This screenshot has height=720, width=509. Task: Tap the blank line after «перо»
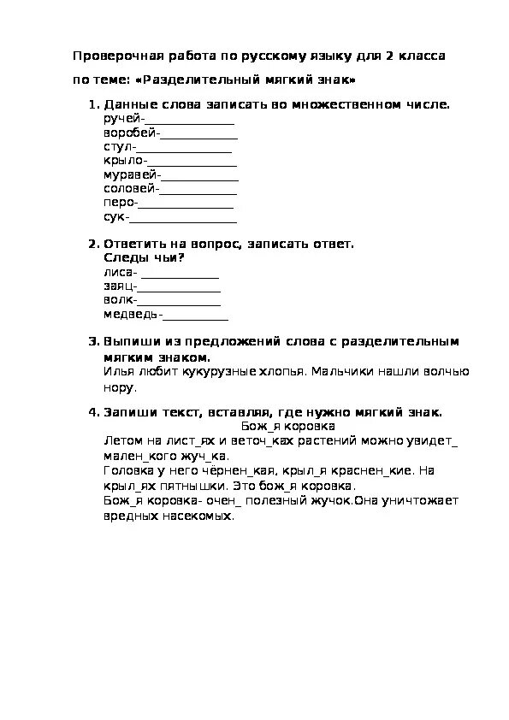[x=186, y=204]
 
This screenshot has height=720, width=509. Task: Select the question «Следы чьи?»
[x=144, y=257]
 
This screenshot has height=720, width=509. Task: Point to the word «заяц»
[x=117, y=286]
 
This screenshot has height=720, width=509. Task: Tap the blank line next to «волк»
[x=181, y=301]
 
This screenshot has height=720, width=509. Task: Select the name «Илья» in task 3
[x=117, y=372]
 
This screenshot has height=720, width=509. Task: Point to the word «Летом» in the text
[x=119, y=440]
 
